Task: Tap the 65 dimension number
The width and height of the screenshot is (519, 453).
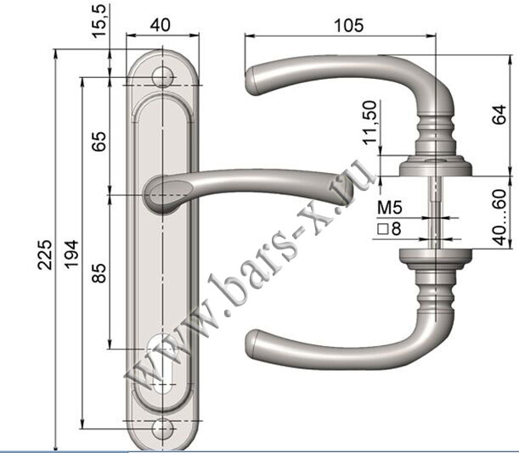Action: click(99, 142)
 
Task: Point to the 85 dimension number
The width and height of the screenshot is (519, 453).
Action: click(99, 273)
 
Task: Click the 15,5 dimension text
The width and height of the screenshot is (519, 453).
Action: click(99, 21)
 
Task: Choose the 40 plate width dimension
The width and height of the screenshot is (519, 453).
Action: click(161, 25)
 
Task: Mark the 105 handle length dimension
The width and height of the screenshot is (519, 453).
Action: click(349, 25)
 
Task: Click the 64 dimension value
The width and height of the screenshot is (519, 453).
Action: click(499, 115)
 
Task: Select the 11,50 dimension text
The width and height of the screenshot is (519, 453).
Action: click(370, 122)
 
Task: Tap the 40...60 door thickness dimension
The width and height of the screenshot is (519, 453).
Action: click(499, 217)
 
